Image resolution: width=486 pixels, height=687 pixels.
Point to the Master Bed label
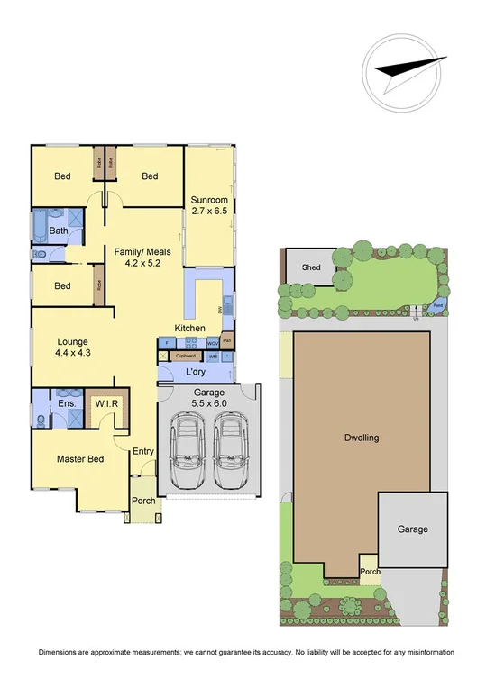(80, 459)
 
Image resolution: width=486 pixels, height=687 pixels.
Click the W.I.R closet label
(107, 403)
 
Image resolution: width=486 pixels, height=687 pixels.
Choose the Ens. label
(66, 403)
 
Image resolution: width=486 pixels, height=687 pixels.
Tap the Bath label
(59, 231)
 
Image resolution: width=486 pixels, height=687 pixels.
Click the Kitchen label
(189, 328)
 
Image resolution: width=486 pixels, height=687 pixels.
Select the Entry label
(143, 452)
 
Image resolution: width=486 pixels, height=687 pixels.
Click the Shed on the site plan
(311, 267)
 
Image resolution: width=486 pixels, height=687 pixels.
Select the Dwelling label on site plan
(362, 438)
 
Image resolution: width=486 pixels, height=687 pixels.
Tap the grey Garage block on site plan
(412, 529)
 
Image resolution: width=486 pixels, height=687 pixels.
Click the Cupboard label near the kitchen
(186, 356)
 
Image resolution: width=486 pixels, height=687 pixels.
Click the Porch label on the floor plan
(143, 502)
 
